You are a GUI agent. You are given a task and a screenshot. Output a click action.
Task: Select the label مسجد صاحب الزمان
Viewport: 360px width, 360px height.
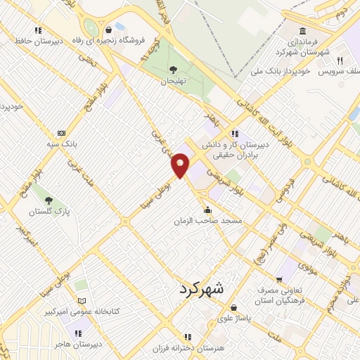208,221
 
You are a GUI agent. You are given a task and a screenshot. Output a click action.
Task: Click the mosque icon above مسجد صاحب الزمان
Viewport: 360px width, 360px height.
207,210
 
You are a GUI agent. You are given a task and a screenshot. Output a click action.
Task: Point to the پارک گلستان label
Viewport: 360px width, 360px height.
50,211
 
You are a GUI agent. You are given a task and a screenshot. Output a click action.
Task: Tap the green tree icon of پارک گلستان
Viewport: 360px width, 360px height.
49,199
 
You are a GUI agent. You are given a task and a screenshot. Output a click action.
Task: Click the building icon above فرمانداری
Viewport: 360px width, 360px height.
302,32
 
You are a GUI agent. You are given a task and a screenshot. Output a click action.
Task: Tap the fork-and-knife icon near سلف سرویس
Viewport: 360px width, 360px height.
338,60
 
